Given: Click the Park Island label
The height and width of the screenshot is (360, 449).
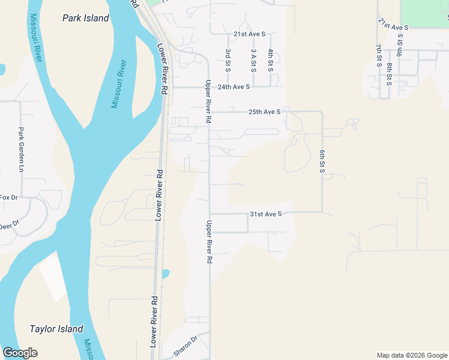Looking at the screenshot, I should (86, 18).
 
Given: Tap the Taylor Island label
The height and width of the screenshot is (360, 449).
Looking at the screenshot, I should (56, 329).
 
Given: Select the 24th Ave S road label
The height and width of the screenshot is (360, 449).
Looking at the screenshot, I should (234, 87).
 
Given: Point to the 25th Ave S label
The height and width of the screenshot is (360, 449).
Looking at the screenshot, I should (264, 112).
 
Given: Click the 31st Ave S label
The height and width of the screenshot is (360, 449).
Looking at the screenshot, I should (265, 214).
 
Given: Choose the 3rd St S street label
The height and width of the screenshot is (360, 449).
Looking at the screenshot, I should (228, 61).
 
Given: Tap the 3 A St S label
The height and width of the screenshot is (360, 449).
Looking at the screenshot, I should (254, 61).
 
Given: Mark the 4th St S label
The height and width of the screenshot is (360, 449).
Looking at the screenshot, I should (271, 61).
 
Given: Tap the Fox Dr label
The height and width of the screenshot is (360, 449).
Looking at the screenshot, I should (10, 197).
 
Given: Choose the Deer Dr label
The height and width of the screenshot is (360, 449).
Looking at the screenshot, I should (10, 225).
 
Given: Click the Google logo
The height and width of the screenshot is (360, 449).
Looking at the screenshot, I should (20, 353).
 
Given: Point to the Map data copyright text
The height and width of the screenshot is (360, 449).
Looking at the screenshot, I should (411, 355).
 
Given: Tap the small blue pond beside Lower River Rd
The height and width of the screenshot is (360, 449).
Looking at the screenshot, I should (164, 274).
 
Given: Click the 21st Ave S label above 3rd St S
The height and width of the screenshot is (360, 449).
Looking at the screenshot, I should (249, 34).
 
